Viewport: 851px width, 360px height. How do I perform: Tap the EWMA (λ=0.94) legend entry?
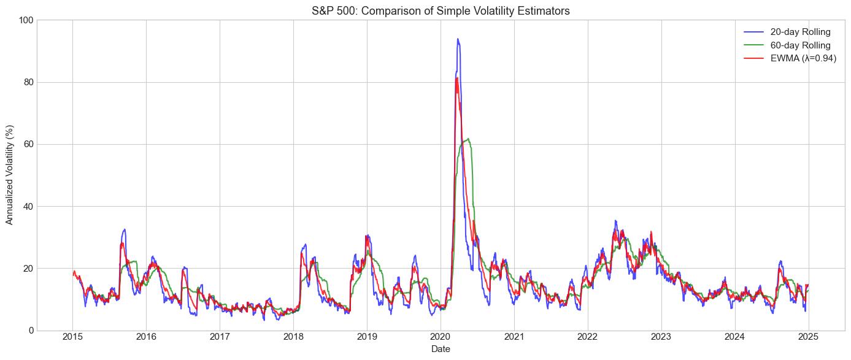[x=803, y=58]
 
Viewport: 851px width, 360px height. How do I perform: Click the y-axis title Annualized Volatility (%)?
[x=10, y=175]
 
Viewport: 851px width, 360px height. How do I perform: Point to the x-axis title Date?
[x=441, y=349]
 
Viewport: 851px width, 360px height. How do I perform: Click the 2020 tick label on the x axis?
[x=441, y=337]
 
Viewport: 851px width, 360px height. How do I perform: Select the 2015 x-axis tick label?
[x=72, y=337]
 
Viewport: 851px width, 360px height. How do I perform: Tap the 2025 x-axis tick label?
[x=808, y=337]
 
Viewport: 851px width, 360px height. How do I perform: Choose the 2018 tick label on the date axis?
[x=293, y=337]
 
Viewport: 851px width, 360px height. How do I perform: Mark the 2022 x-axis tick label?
[x=587, y=337]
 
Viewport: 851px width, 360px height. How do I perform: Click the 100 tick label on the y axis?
[x=25, y=20]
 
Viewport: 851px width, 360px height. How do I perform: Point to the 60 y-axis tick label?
[x=28, y=144]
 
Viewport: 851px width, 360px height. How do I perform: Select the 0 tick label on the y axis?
[x=30, y=331]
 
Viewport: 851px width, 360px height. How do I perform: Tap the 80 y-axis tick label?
[x=28, y=82]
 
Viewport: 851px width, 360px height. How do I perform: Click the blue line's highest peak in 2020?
[x=457, y=39]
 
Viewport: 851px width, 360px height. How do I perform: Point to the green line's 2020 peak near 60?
[x=468, y=139]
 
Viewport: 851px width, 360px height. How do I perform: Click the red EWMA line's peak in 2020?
[x=456, y=78]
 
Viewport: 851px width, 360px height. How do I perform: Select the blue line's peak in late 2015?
[x=125, y=229]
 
